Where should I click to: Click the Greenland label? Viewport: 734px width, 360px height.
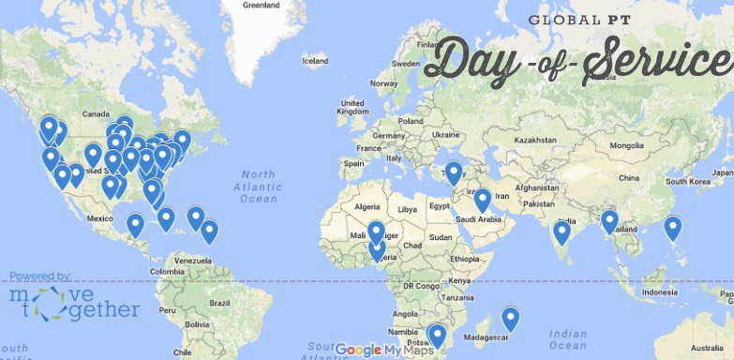coord(262,5)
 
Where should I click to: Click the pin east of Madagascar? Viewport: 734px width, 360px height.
coord(511,320)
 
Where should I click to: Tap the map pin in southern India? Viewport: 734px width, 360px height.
coord(562,232)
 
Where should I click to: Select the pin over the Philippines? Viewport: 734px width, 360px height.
coord(672,228)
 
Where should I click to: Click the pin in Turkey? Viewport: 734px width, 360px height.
coord(454,173)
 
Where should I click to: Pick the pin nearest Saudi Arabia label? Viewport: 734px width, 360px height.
coord(482,201)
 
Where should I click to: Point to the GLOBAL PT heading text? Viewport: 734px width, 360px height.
coord(573,20)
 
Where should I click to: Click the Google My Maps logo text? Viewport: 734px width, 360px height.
coord(384,350)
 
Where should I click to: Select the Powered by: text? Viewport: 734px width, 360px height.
coord(40,276)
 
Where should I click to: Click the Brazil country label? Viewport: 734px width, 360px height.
coord(219,303)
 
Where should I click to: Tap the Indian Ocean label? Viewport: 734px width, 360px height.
coord(567,339)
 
